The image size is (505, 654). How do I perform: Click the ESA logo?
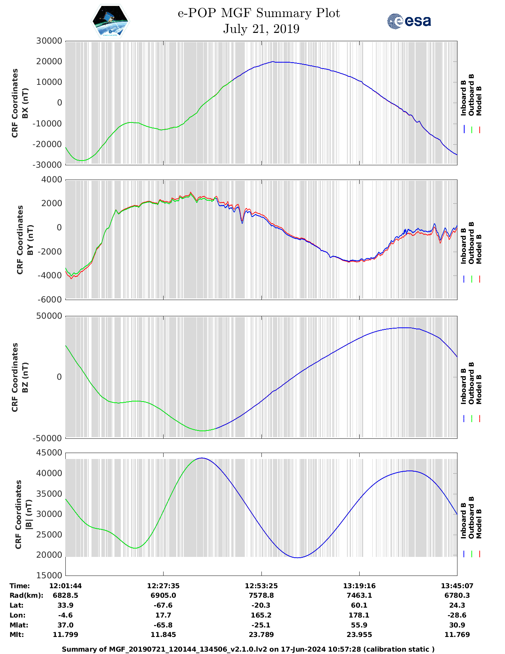tap(409, 21)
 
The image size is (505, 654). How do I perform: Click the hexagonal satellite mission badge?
tap(110, 21)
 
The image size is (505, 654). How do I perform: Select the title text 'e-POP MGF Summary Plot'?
tap(259, 13)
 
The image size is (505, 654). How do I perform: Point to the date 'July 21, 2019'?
tap(261, 29)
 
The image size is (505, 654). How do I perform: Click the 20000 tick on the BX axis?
tap(49, 61)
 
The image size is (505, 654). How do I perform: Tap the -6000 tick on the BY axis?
tap(50, 300)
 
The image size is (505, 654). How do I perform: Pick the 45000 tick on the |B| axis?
tap(49, 453)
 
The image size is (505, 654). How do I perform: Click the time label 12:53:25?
tap(261, 586)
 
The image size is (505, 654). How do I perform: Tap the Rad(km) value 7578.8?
tap(261, 595)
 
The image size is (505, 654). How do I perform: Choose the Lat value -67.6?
tap(163, 605)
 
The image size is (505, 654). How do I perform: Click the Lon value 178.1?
tap(359, 615)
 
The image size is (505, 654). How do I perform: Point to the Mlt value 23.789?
tap(261, 635)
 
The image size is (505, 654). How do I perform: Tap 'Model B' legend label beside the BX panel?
tap(479, 101)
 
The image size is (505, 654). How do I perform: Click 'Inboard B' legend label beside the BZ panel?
tap(464, 386)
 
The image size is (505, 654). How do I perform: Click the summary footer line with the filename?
tap(248, 649)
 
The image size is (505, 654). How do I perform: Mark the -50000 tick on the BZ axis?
tap(49, 438)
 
